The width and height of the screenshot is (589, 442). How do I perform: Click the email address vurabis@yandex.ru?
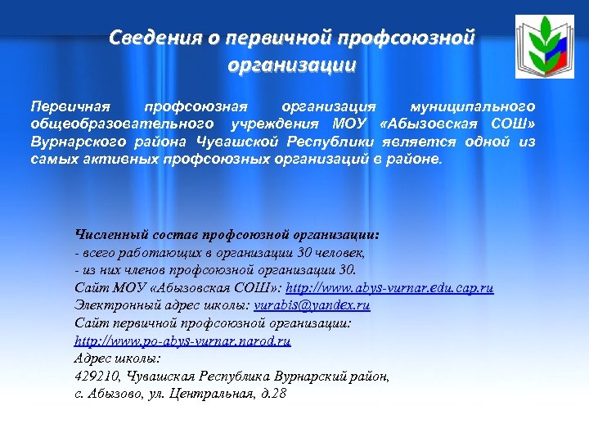click(312, 305)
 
